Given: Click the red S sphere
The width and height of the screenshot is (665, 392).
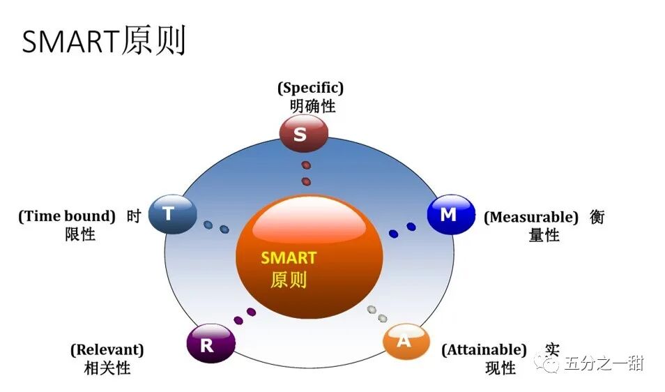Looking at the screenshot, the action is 303,133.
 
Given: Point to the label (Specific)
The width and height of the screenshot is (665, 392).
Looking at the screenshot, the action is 311,89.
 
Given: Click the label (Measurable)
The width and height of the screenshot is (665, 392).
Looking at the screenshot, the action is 531,217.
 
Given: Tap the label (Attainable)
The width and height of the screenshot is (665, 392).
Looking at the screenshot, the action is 484,349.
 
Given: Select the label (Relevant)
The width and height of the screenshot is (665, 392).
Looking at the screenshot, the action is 107,349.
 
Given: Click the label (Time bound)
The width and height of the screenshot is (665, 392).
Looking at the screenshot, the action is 67,216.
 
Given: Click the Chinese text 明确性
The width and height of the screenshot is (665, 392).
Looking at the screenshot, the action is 312,107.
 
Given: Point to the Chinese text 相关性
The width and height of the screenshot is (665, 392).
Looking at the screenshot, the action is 107,368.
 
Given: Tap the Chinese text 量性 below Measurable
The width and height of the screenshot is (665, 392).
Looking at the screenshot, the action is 544,236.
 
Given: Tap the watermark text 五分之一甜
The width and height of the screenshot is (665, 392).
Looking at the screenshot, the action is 604,363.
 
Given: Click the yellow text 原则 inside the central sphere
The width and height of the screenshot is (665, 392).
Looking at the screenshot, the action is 289,280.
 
